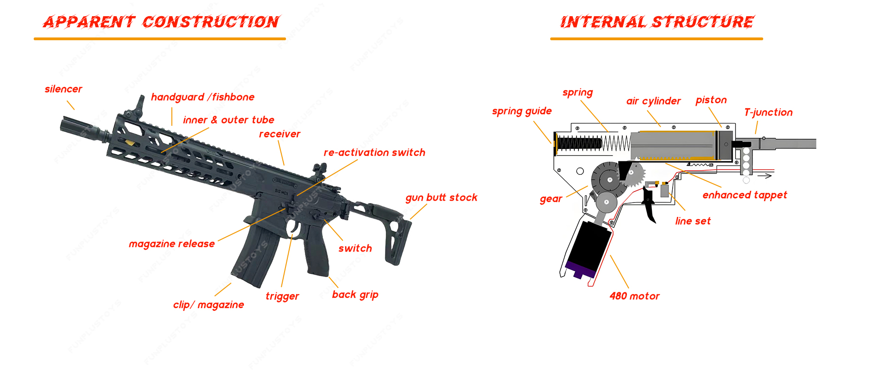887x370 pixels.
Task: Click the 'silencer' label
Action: tap(63, 89)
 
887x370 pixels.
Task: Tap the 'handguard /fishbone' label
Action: tap(202, 97)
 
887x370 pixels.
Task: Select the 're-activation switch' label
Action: tap(374, 153)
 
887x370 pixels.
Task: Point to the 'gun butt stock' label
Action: tap(441, 197)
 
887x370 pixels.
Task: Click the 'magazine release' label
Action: tap(171, 244)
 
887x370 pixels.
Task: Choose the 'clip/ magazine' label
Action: tap(208, 305)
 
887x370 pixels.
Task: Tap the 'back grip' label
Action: tap(355, 295)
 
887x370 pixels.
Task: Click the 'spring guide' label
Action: tap(522, 111)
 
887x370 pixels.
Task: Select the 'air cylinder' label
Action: tap(653, 101)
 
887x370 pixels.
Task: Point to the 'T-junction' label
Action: tap(768, 112)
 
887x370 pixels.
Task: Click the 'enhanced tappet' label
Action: tap(745, 195)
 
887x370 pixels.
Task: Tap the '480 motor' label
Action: tap(634, 296)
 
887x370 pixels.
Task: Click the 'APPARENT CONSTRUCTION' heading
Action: tap(161, 22)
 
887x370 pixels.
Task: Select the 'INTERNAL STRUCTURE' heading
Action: tap(657, 22)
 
